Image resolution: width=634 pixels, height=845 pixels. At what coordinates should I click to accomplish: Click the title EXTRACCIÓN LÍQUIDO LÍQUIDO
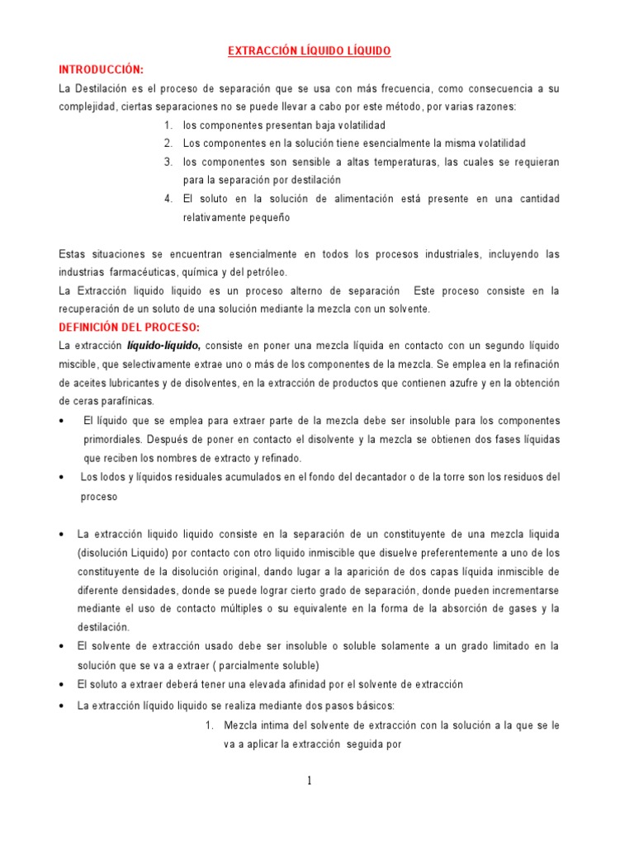pos(309,51)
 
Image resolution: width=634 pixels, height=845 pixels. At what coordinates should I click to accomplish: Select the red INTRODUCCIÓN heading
pos(101,69)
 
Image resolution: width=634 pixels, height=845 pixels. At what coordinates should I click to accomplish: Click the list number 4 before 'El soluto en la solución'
pos(168,199)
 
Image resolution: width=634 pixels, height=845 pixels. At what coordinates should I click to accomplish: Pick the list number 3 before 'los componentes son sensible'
pos(168,162)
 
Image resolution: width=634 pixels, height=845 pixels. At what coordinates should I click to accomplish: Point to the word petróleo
pos(263,271)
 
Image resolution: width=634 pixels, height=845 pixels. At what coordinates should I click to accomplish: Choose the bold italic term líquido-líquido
pos(163,345)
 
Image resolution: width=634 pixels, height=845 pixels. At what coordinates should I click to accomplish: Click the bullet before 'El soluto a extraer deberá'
pos(63,685)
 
